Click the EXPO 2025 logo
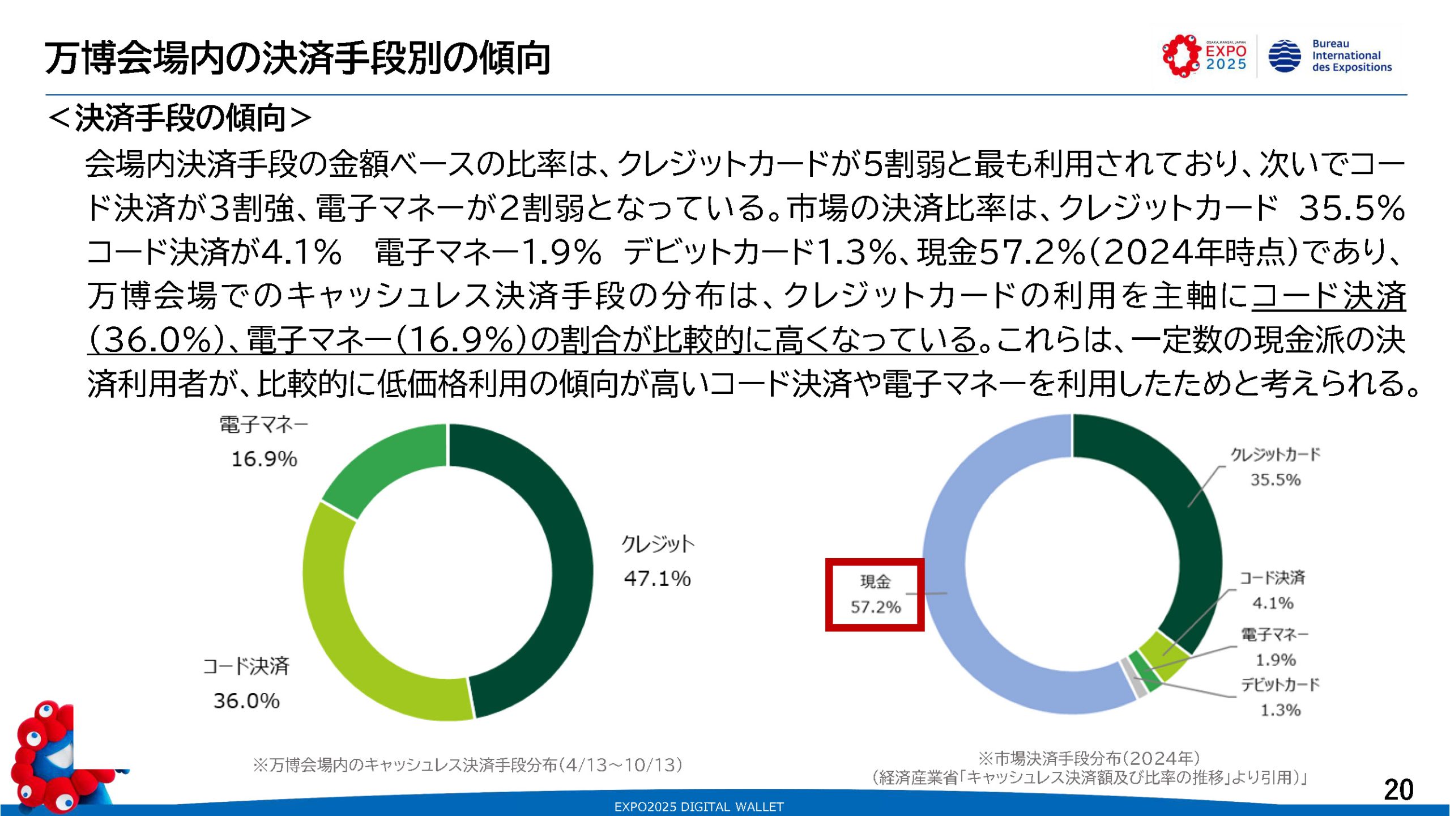pos(1204,56)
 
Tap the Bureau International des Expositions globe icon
pos(1284,56)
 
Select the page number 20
pos(1398,789)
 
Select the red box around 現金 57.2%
pos(875,594)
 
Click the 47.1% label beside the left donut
pos(657,579)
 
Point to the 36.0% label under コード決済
pos(246,701)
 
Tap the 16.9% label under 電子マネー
pos(264,459)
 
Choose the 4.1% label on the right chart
pos(1273,603)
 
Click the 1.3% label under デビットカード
pos(1280,710)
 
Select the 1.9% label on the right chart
pos(1276,660)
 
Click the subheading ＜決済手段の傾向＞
pos(180,118)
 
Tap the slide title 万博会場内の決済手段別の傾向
pos(297,58)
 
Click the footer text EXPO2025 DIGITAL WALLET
pos(699,807)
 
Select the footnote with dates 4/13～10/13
pos(468,765)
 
